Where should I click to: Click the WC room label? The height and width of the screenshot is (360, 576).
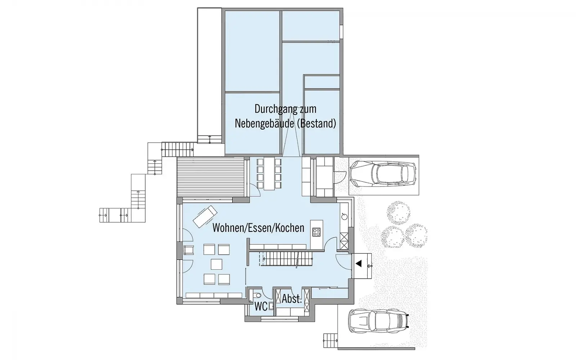[261, 306]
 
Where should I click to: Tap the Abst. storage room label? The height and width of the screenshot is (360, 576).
[292, 299]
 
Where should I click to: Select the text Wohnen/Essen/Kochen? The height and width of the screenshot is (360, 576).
[258, 228]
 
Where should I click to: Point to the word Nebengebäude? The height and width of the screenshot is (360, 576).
[264, 124]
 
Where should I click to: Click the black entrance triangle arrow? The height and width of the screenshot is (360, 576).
[359, 264]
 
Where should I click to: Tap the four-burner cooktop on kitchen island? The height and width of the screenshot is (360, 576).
[316, 232]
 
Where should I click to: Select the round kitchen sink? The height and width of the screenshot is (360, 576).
[344, 217]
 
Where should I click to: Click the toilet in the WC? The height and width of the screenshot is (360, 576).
[257, 295]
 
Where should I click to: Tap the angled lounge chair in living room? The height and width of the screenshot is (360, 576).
[205, 216]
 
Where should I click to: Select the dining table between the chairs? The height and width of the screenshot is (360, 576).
[269, 174]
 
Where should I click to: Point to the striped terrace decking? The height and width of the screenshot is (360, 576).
[210, 178]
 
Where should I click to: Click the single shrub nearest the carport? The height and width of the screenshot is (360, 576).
[399, 213]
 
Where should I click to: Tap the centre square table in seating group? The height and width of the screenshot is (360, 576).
[216, 264]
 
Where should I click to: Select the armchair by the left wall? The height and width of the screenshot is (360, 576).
[189, 250]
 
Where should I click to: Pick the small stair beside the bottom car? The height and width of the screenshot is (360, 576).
[330, 341]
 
